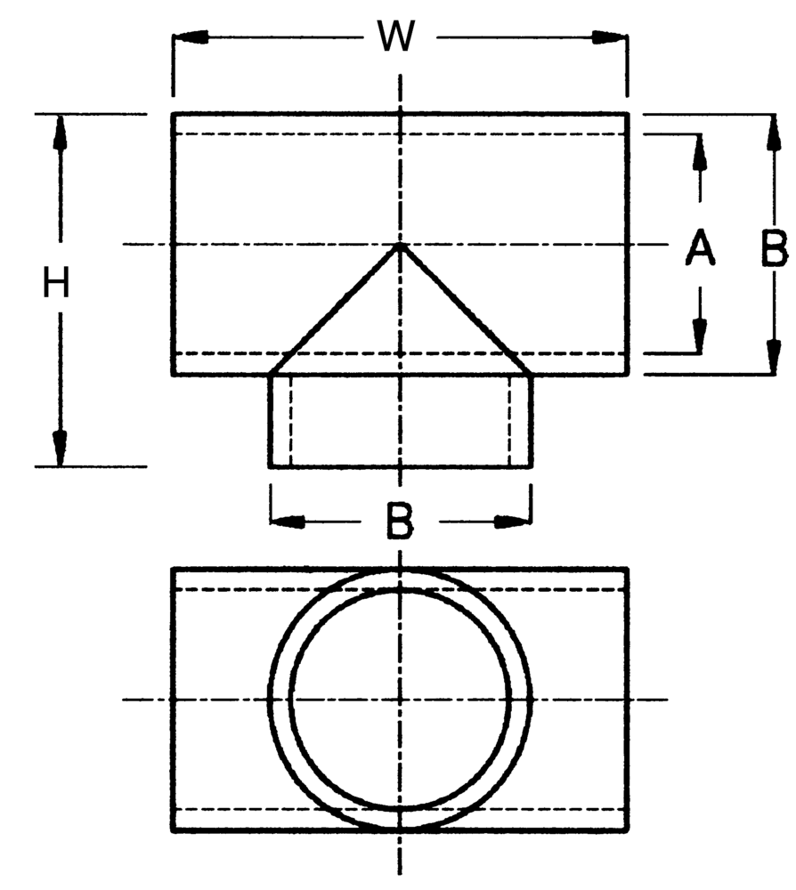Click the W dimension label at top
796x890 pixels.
pos(397,37)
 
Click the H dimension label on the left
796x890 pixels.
pos(56,283)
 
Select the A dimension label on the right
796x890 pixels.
pos(700,247)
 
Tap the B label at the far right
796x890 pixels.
pos(775,248)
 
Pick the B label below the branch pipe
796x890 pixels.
pos(400,522)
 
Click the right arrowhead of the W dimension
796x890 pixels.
pos(610,37)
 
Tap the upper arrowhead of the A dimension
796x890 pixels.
pos(700,152)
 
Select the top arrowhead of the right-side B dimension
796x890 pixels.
pos(773,133)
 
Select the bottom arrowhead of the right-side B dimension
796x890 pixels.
pos(773,357)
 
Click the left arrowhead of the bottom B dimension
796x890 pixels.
pos(288,522)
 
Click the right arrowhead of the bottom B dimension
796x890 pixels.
pos(513,522)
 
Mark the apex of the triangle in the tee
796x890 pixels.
pos(401,246)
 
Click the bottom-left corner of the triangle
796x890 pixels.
pos(271,375)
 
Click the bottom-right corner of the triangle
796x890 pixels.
pos(531,375)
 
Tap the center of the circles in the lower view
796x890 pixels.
pos(401,700)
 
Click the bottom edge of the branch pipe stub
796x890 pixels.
pos(401,466)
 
